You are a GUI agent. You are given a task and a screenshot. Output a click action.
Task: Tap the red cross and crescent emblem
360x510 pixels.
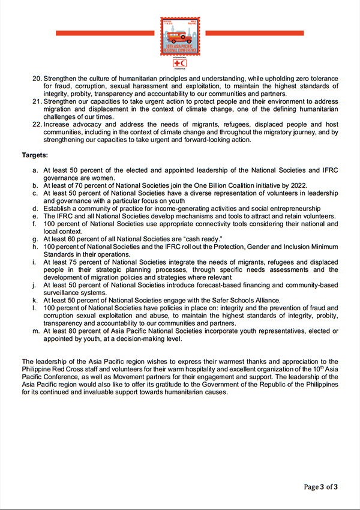(180, 62)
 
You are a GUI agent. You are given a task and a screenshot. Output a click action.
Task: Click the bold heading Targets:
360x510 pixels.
(35, 155)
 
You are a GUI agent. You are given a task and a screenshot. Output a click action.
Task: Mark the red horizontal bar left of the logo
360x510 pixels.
(107, 33)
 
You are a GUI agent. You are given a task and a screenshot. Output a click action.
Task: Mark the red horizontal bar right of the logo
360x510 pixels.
(252, 33)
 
